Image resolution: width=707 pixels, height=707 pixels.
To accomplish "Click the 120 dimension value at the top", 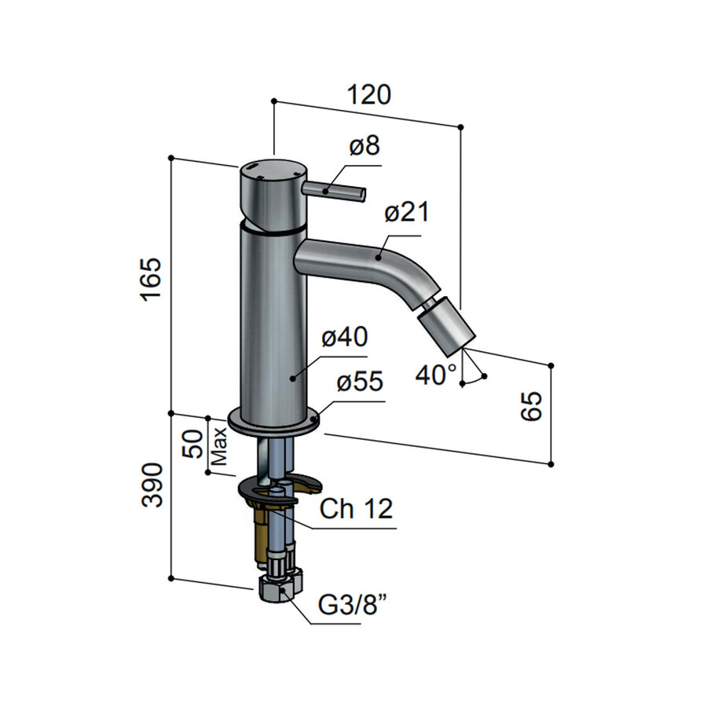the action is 369,95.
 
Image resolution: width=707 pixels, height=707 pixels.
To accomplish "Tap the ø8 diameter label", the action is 364,146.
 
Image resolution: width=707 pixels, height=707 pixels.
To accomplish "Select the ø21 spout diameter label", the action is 407,212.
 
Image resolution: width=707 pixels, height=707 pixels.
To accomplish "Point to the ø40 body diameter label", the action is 345,337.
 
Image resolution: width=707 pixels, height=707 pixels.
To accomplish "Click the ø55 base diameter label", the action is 360,382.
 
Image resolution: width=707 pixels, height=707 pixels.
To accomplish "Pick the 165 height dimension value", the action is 151,280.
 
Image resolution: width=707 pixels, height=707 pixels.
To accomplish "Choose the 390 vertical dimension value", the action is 152,485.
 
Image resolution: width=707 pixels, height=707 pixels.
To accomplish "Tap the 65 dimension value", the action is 531,406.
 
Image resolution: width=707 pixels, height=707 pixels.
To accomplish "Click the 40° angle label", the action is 436,375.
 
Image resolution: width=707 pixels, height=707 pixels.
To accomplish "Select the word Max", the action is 219,446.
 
